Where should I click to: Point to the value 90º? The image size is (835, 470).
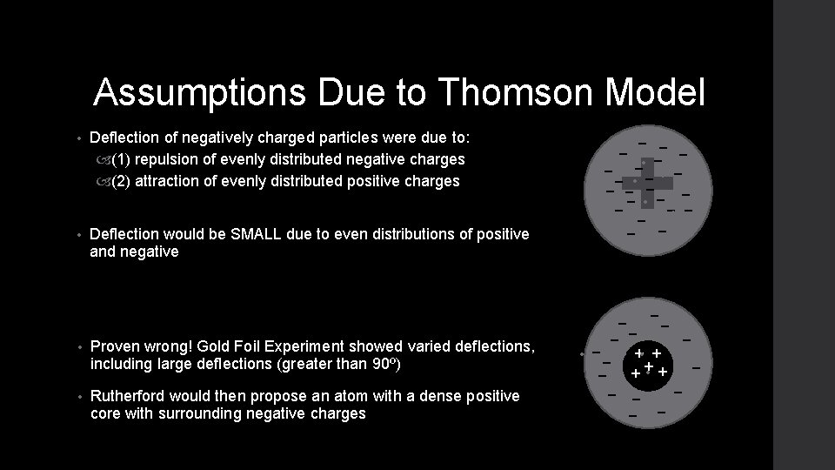pos(357,363)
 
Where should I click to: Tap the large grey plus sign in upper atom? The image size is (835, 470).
pos(647,183)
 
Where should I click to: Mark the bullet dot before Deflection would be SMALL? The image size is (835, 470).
pos(78,235)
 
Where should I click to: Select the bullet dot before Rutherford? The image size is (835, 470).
pos(78,397)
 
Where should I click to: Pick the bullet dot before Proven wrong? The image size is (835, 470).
pos(78,347)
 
